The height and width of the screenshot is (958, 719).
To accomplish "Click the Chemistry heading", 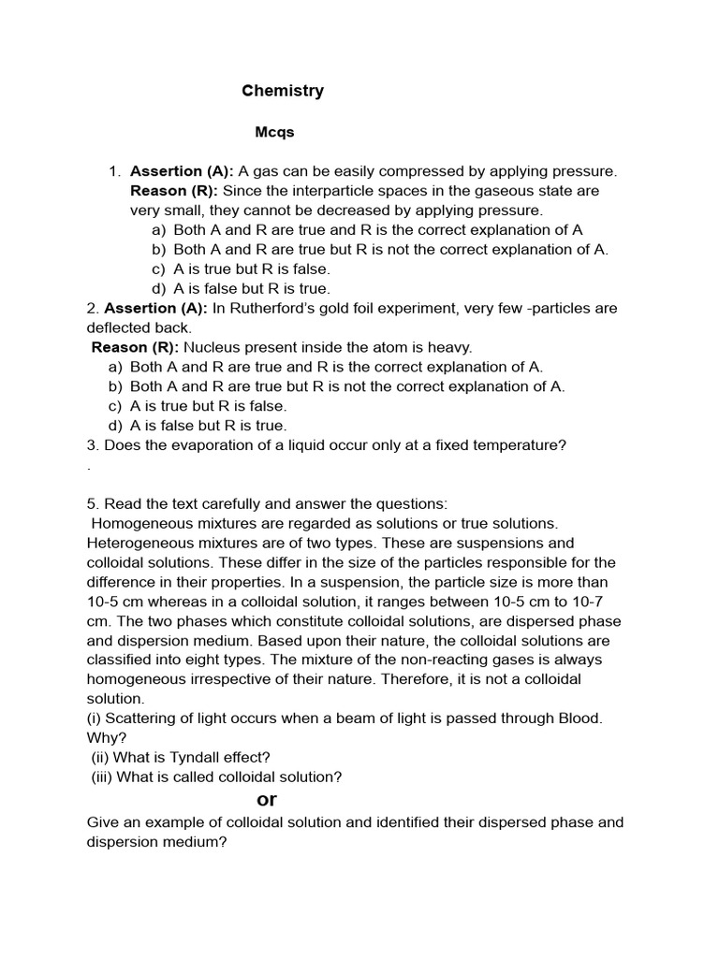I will pos(283,91).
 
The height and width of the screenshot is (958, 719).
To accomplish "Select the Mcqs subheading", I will pos(275,132).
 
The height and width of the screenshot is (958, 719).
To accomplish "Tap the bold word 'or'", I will pos(267,799).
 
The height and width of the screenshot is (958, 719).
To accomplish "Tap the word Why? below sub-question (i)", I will pos(103,737).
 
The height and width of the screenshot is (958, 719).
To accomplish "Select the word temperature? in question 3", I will pos(516,445).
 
